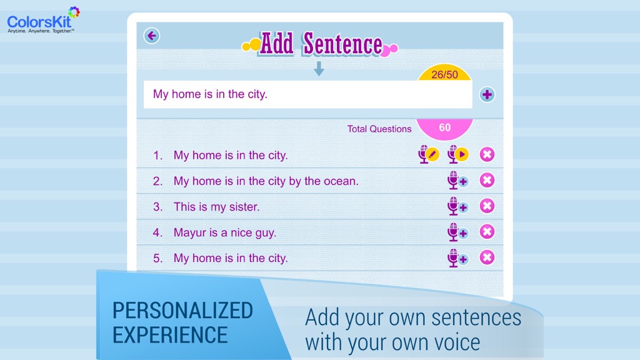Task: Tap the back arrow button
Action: pyautogui.click(x=151, y=36)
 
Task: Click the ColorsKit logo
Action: pyautogui.click(x=43, y=20)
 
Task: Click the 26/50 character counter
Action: pyautogui.click(x=444, y=74)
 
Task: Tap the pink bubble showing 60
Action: pyautogui.click(x=444, y=128)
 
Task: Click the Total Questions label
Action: pyautogui.click(x=379, y=129)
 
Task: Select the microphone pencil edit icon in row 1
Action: pyautogui.click(x=429, y=155)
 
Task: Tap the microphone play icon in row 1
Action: pyautogui.click(x=457, y=155)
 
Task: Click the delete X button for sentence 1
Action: pyautogui.click(x=487, y=155)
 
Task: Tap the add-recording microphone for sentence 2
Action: pyautogui.click(x=457, y=181)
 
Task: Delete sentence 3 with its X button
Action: pyautogui.click(x=487, y=206)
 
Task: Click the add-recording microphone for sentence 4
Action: pyautogui.click(x=457, y=232)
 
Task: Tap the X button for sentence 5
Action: pyautogui.click(x=487, y=257)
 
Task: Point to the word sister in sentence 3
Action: pyautogui.click(x=243, y=207)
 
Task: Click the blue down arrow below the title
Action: pyautogui.click(x=319, y=69)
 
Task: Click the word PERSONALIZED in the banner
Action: pyautogui.click(x=182, y=311)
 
